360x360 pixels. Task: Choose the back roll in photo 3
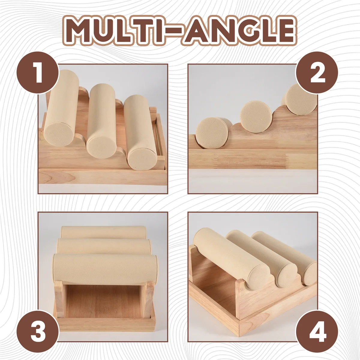(x=102, y=232)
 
